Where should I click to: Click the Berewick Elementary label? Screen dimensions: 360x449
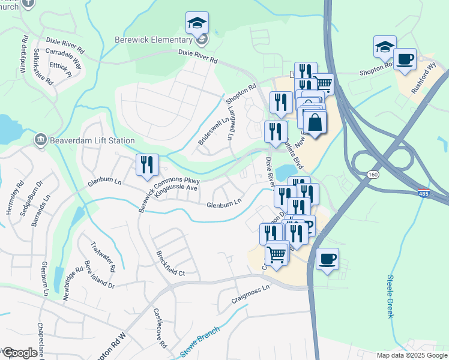tap(152, 40)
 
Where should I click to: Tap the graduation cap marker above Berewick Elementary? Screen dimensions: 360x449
tap(197, 24)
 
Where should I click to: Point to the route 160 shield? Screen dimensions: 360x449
tap(373, 174)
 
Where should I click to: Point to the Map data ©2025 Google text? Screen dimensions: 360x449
tap(412, 355)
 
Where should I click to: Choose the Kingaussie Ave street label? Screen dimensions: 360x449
tap(176, 188)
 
